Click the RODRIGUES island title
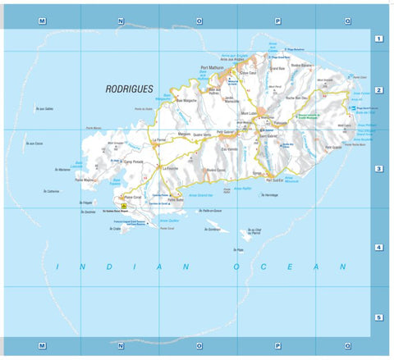pos(131,88)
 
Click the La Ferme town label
pos(160,140)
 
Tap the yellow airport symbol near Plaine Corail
pos(124,207)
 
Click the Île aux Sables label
pos(44,108)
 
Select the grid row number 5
pos(378,317)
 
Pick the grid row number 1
pos(378,39)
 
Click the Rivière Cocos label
pos(216,170)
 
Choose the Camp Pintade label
pos(133,162)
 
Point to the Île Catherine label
pos(52,191)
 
